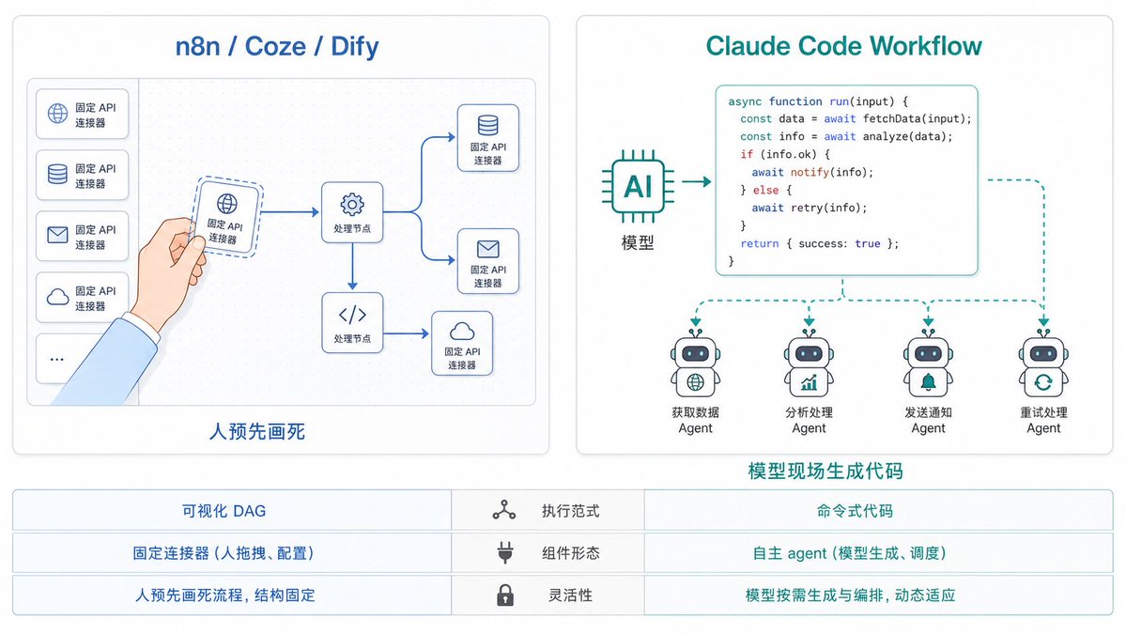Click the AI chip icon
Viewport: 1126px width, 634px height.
[x=638, y=187]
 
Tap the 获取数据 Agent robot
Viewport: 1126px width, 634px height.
[x=695, y=363]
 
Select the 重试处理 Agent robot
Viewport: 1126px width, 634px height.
[x=1043, y=363]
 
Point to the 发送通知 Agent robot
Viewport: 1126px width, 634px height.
[x=929, y=363]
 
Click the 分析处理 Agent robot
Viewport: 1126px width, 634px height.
[x=810, y=363]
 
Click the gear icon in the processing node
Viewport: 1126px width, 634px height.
[x=352, y=205]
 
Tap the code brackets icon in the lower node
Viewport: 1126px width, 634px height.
[x=352, y=315]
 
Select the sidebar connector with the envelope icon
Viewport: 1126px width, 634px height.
[x=82, y=236]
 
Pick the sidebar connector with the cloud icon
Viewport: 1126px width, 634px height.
[x=82, y=297]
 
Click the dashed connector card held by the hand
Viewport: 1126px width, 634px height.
[x=226, y=217]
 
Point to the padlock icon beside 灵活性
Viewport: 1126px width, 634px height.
[x=505, y=595]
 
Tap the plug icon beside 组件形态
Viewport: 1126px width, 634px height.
[x=505, y=553]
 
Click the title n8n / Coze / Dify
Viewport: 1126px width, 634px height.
[x=276, y=47]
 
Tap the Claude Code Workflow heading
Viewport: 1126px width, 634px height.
[x=843, y=46]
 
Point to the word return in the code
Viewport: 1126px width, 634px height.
[x=759, y=243]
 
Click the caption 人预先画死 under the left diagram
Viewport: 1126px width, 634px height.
[x=257, y=431]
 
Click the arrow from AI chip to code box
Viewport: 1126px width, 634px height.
[x=696, y=181]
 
